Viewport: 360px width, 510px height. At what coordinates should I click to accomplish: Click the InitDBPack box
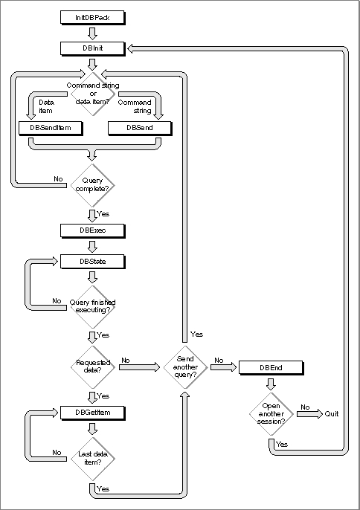(92, 18)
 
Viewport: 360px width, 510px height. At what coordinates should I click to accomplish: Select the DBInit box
(92, 48)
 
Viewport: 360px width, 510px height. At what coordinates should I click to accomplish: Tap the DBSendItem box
(51, 128)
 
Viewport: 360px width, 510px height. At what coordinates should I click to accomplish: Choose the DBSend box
(140, 128)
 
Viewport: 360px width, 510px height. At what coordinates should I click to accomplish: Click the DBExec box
(92, 230)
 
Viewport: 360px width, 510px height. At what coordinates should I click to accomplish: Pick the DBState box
(92, 262)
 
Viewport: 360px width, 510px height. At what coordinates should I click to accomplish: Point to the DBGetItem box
(92, 413)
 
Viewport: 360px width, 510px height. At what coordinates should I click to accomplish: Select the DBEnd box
(271, 368)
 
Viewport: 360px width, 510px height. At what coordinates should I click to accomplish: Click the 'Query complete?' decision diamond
(93, 185)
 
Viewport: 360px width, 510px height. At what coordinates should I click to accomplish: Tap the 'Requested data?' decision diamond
(93, 367)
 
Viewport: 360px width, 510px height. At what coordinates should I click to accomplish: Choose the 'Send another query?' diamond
(185, 367)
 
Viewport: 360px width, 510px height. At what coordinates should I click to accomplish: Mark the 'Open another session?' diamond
(271, 413)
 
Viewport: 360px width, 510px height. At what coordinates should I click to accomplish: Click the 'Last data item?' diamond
(93, 459)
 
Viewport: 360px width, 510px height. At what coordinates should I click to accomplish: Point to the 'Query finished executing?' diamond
(93, 307)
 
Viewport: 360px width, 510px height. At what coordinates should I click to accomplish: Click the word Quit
(331, 413)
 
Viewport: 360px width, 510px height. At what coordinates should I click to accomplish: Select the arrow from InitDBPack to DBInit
(92, 33)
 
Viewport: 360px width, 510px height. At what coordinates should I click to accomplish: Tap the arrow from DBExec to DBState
(92, 247)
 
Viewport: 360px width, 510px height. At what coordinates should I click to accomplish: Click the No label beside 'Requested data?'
(125, 361)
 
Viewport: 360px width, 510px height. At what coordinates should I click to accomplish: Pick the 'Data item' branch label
(46, 106)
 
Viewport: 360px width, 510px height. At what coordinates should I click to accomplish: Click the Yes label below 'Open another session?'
(282, 445)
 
